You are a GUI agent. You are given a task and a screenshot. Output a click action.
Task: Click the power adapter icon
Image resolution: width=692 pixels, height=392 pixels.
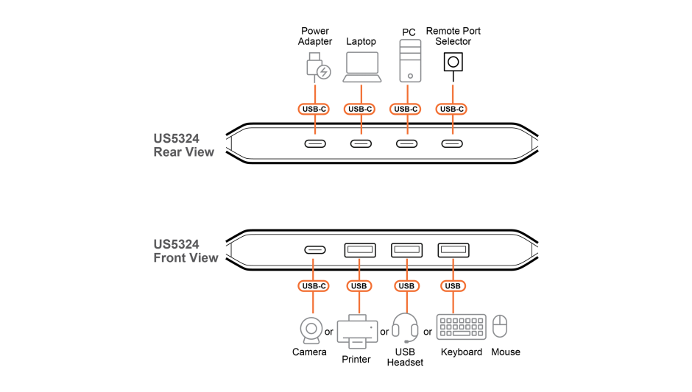[x=318, y=67]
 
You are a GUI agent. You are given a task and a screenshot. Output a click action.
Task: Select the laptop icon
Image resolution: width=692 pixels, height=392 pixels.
[x=362, y=67]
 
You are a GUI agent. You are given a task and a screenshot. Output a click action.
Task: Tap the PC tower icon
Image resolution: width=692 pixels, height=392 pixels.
[x=410, y=61]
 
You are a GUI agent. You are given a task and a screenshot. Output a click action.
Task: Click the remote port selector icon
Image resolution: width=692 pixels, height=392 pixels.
[x=453, y=63]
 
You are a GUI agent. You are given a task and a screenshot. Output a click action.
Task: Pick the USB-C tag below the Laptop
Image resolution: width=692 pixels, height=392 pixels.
[x=361, y=109]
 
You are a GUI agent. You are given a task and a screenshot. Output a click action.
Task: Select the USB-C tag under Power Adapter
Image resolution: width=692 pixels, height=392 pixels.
[x=314, y=109]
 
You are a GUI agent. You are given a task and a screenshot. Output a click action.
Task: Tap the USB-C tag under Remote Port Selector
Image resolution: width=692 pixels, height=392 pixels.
[x=451, y=109]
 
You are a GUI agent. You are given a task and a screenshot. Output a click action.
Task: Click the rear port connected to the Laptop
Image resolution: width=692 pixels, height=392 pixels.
[x=361, y=143]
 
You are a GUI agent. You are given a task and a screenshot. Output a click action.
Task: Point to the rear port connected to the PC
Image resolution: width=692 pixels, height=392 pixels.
[x=406, y=143]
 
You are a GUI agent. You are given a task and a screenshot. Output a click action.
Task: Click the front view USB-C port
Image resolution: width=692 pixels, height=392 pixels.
[x=315, y=250]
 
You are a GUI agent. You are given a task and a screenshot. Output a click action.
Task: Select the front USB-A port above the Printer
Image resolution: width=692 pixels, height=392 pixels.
[x=360, y=250]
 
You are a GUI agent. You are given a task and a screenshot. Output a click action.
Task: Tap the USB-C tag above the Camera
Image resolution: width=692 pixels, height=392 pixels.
[x=314, y=286]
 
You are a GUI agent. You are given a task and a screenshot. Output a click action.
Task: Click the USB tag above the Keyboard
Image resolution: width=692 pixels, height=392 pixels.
[x=453, y=286]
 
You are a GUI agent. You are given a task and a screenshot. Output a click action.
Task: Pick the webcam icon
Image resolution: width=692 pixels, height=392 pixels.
[x=311, y=330]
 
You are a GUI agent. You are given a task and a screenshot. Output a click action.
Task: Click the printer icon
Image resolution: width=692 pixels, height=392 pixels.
[x=357, y=331]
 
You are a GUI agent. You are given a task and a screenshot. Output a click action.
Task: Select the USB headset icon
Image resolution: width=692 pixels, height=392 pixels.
[x=405, y=328]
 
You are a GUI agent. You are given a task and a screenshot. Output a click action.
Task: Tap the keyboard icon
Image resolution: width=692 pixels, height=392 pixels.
[x=461, y=327]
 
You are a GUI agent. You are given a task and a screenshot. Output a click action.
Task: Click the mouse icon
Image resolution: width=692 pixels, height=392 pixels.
[x=500, y=327]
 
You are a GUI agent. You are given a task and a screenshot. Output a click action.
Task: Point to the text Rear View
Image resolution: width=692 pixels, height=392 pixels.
[x=183, y=152]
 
